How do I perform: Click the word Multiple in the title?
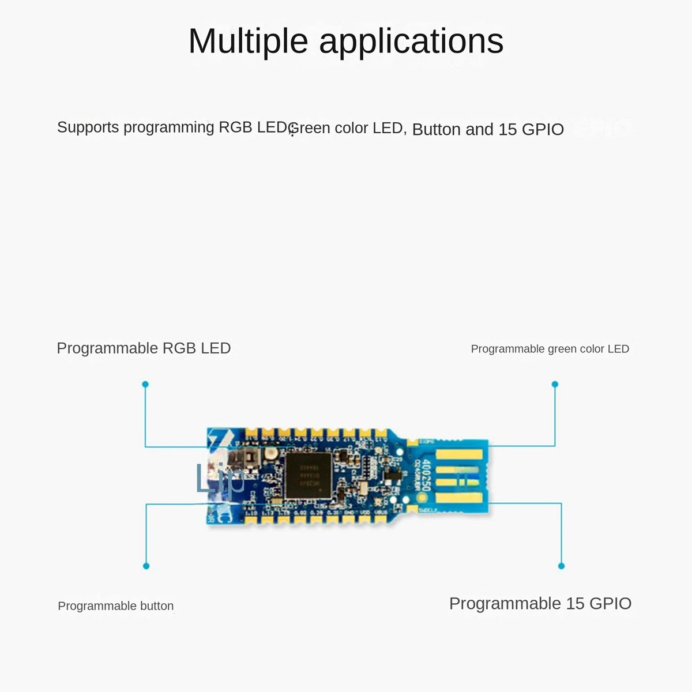[x=248, y=42]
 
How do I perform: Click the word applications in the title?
[x=411, y=42]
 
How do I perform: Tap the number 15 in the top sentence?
[x=507, y=129]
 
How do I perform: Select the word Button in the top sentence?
[x=437, y=129]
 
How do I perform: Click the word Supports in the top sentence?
[x=88, y=127]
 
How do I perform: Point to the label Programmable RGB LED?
[x=144, y=348]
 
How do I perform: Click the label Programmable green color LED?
[x=550, y=349]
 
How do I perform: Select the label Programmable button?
[x=115, y=606]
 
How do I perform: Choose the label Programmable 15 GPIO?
[x=540, y=604]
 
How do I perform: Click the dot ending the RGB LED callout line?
[x=145, y=384]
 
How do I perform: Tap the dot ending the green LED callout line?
[x=555, y=384]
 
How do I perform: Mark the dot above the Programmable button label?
[x=146, y=566]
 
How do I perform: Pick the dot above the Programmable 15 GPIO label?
[x=561, y=566]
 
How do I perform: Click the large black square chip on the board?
[x=309, y=476]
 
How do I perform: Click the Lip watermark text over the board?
[x=220, y=479]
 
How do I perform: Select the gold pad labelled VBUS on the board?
[x=381, y=520]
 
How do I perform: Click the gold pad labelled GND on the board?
[x=348, y=520]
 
